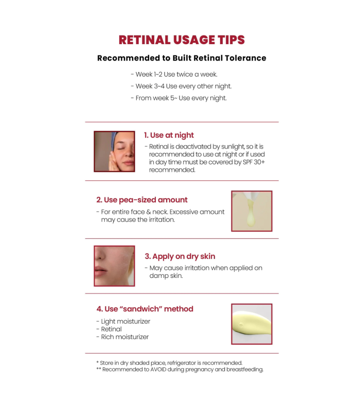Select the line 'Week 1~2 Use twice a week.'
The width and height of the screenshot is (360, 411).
174,74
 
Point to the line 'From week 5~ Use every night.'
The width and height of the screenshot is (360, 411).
178,98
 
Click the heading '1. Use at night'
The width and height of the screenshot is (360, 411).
169,135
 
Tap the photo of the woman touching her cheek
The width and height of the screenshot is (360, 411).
114,152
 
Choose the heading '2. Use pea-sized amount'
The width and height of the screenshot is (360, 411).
142,200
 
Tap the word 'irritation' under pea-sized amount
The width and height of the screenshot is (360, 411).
161,220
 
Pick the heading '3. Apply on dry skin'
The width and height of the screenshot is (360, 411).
179,256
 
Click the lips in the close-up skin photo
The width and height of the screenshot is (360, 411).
100,271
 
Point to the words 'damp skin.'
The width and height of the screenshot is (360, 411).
166,276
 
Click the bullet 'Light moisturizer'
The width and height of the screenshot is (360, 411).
123,322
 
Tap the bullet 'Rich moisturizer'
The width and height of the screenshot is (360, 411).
122,337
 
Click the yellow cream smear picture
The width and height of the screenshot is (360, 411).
251,324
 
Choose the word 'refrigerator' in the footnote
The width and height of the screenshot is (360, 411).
182,363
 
